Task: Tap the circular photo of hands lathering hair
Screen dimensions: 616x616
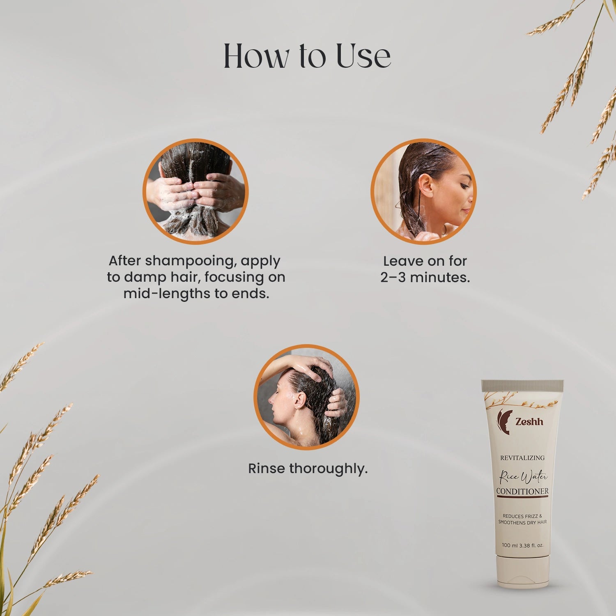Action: [195, 191]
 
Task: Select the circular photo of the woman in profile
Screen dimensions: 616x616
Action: [423, 191]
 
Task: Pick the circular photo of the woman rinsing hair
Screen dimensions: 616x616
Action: [306, 397]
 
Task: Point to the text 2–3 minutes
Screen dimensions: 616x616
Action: [425, 278]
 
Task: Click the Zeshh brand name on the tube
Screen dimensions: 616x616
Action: [529, 422]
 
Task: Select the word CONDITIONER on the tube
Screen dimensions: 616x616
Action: [522, 491]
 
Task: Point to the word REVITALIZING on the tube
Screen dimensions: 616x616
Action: [522, 458]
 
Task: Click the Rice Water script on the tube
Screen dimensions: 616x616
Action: [523, 477]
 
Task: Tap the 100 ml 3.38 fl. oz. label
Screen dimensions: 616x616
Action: [522, 545]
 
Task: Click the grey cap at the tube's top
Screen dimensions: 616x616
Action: [522, 385]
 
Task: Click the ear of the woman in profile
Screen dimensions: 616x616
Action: [426, 186]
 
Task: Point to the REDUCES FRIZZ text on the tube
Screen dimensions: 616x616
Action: [522, 516]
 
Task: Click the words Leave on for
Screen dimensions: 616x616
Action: [425, 261]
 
